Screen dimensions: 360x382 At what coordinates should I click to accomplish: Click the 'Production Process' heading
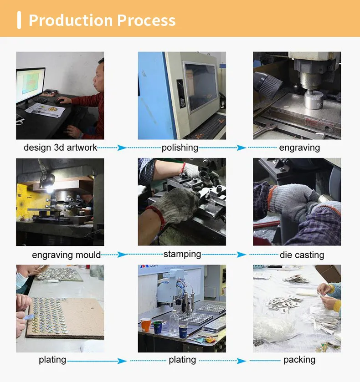point(102,20)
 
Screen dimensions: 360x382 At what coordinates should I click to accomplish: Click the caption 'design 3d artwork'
point(60,148)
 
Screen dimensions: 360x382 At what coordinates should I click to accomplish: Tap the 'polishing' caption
point(180,148)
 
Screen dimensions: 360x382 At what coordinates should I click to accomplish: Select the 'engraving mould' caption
point(67,255)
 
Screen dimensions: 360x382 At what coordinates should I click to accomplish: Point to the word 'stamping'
point(182,255)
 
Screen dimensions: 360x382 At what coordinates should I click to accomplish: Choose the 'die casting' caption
point(302,255)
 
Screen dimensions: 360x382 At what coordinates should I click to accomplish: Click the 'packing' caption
point(299,360)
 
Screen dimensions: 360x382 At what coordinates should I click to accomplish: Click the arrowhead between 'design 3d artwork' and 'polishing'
point(122,148)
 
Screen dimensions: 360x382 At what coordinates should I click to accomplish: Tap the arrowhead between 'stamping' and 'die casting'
point(242,255)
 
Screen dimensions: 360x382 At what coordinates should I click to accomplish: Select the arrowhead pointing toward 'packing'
point(242,361)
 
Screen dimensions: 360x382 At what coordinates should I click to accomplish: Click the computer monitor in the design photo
point(31,85)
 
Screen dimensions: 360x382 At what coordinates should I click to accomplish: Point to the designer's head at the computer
point(99,76)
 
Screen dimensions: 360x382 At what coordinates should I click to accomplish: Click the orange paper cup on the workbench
point(146,325)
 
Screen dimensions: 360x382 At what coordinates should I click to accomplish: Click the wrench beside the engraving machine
point(265,130)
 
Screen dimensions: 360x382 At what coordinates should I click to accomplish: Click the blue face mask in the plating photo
point(21,280)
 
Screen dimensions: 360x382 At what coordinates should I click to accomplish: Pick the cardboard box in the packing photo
point(328,272)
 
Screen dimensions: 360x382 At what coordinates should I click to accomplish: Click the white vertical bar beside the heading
point(19,20)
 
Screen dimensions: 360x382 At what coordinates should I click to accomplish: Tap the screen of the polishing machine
point(201,87)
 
